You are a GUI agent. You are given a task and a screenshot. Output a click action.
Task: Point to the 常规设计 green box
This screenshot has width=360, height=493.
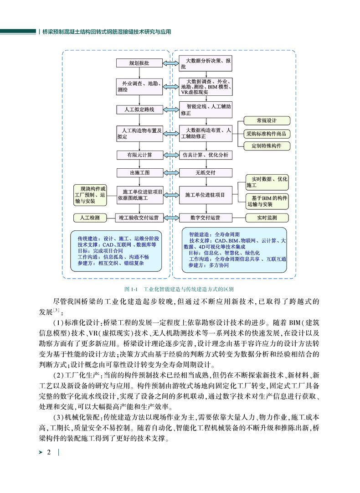pyautogui.click(x=267, y=121)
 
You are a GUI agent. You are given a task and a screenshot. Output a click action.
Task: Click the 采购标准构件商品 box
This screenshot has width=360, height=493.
pyautogui.click(x=267, y=134)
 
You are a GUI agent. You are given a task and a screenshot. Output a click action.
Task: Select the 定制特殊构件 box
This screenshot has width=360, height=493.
pyautogui.click(x=267, y=146)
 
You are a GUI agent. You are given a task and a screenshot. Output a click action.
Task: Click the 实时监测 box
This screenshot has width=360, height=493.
pyautogui.click(x=267, y=218)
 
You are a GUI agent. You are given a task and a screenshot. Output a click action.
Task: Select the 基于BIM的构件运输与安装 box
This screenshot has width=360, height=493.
pyautogui.click(x=267, y=201)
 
